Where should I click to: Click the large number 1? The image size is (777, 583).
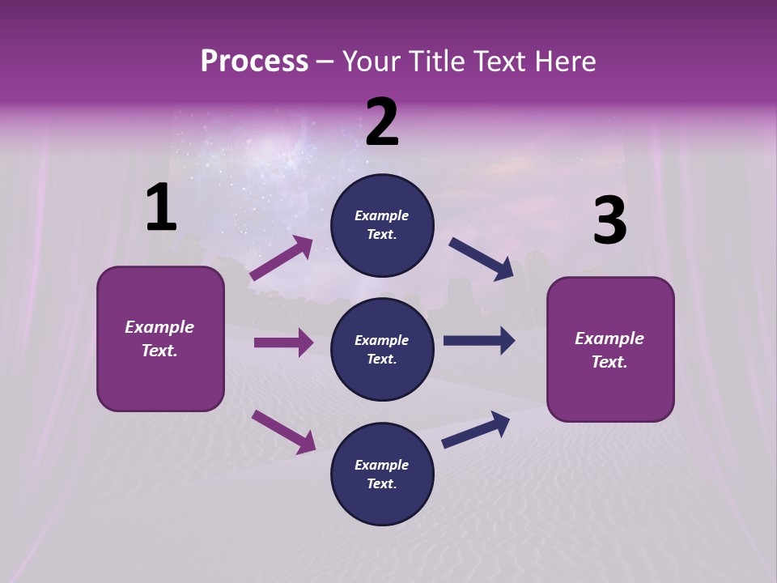[x=161, y=209]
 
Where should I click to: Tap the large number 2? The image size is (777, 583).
[x=382, y=122]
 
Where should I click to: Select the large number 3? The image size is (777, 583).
[x=609, y=221]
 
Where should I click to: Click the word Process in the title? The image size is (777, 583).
[x=254, y=61]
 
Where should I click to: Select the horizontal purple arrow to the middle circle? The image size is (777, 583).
[x=283, y=343]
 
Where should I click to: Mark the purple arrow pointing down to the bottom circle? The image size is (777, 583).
[x=283, y=431]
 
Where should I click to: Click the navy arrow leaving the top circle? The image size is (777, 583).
[x=481, y=259]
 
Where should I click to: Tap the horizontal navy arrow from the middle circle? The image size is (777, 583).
[x=479, y=341]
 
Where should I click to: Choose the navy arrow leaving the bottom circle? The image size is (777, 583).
[x=476, y=430]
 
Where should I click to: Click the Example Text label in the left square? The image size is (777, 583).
[x=159, y=338]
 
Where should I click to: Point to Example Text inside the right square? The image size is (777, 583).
[x=609, y=350]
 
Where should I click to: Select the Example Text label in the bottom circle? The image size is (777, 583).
[x=381, y=474]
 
